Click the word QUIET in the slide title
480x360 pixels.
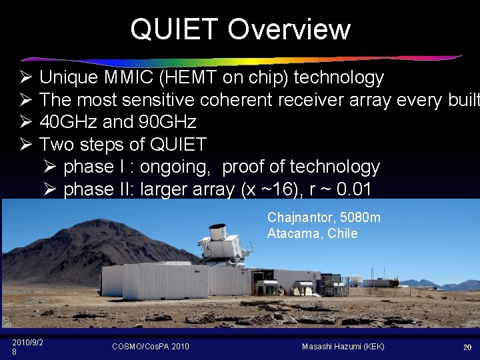pos(175,29)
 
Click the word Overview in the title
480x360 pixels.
pos(288,29)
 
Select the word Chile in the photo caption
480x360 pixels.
pos(342,233)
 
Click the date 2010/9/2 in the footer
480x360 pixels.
pos(28,342)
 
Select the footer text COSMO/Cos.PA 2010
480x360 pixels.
pos(151,346)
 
